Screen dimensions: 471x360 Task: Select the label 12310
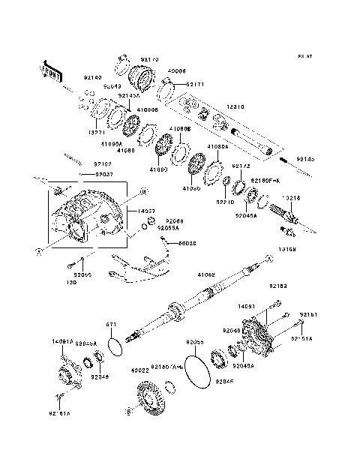[237, 107]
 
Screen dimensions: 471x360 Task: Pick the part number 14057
[148, 212]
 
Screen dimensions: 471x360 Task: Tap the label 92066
[174, 220]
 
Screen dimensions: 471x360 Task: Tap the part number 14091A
[62, 342]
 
